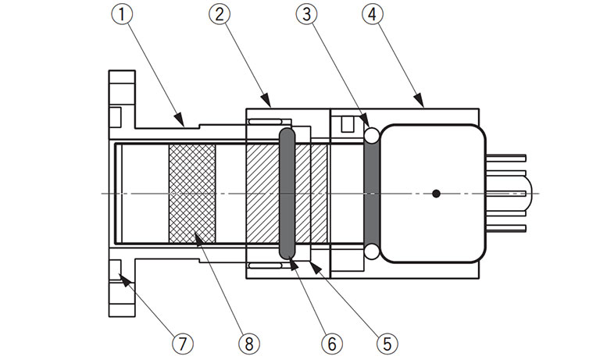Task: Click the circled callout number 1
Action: tap(122, 14)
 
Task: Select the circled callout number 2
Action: tap(220, 14)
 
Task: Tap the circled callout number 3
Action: tap(307, 14)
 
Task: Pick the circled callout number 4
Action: tap(373, 14)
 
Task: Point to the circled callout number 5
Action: tap(387, 344)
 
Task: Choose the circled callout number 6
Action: tap(332, 344)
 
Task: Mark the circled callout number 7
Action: tap(183, 344)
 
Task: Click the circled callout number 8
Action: tap(249, 344)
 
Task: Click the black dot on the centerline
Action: tap(436, 194)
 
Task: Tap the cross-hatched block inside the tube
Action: tap(192, 194)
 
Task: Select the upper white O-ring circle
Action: tap(372, 135)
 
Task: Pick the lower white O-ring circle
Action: tap(372, 251)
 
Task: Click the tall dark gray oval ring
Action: tap(287, 194)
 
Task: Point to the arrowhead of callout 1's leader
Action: tap(180, 119)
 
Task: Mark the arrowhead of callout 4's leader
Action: tap(420, 100)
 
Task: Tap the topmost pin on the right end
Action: tap(506, 158)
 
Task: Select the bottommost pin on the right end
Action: tap(506, 228)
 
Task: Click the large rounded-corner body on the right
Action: tap(433, 194)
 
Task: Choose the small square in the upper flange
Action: tap(115, 117)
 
